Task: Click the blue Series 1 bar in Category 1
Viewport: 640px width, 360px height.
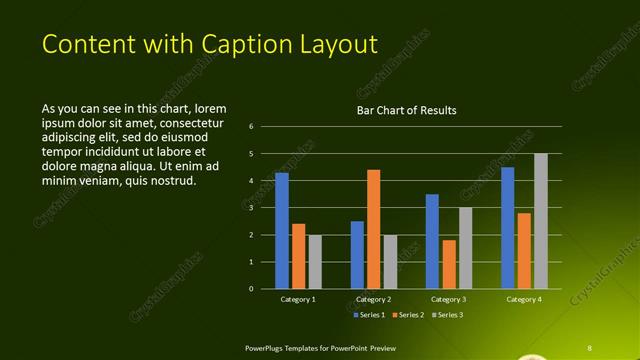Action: pos(282,231)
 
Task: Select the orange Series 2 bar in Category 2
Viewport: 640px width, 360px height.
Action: pos(374,229)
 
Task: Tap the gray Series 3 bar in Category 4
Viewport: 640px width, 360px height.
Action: pos(541,221)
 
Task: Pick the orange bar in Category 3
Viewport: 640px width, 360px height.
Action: pos(449,264)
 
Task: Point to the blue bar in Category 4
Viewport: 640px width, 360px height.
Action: pos(508,228)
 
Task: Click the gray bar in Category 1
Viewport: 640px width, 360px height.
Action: pos(315,262)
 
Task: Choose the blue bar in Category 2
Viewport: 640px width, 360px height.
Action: pos(357,255)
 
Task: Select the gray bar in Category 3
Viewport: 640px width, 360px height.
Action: pos(466,248)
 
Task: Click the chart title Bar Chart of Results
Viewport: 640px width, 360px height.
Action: pos(407,111)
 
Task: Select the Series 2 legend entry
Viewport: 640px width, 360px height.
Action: pos(410,315)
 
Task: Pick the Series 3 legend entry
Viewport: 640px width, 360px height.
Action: pos(449,315)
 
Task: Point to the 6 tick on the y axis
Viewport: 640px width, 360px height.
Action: pos(251,127)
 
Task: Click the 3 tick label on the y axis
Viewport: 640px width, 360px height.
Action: pos(251,208)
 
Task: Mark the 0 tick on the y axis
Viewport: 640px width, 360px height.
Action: pos(251,289)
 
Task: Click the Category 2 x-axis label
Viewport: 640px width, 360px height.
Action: pos(373,299)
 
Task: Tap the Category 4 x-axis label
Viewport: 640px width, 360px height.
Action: pos(524,299)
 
